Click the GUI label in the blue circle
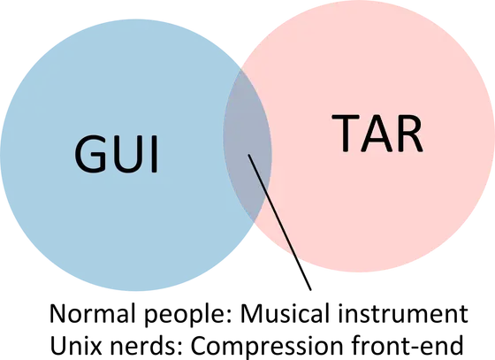point(116,154)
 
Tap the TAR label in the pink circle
point(377,133)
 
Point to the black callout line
point(279,222)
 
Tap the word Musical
point(285,313)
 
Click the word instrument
point(403,314)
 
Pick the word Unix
point(76,346)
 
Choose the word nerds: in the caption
point(147,346)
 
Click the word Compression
point(267,347)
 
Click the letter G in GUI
point(90,154)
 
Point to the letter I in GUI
point(155,154)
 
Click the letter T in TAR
point(346,133)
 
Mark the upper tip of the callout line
point(248,155)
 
